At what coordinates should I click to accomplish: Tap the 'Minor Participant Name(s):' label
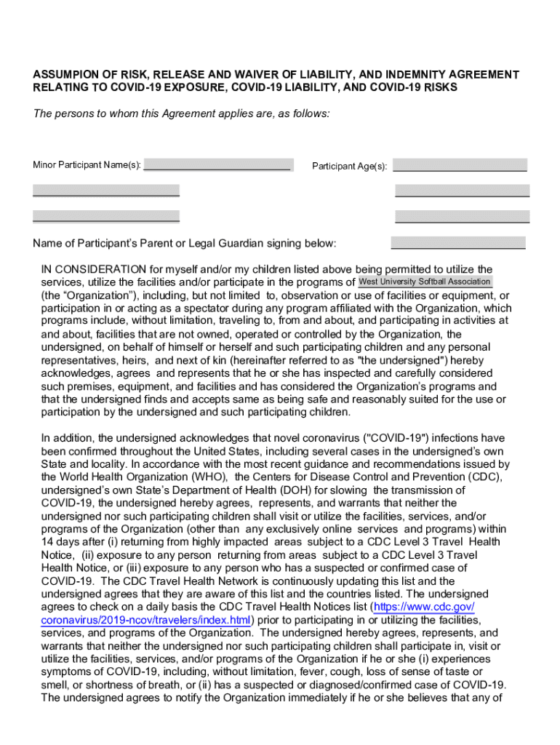87,165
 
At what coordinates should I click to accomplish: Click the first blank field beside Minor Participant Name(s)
218,165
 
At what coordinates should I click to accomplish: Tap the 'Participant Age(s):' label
349,167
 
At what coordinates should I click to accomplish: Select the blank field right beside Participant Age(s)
460,165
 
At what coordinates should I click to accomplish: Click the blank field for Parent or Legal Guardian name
458,243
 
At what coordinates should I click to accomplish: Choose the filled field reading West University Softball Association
425,282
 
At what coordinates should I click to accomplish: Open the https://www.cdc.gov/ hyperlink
424,607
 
